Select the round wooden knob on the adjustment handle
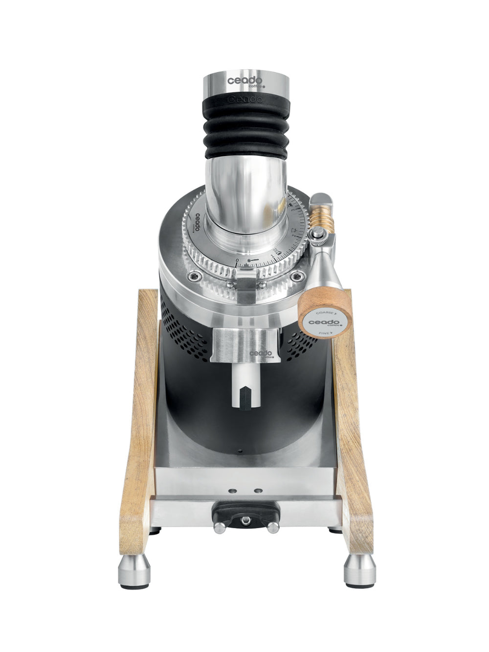pos(325,313)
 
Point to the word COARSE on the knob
pos(325,310)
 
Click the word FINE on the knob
pos(325,332)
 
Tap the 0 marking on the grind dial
pos(238,261)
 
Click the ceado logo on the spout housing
pos(260,354)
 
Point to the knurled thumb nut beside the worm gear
pos(318,236)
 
